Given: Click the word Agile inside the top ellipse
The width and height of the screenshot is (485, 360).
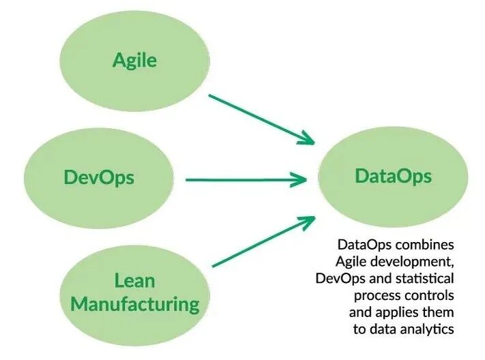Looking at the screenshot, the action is (134, 60).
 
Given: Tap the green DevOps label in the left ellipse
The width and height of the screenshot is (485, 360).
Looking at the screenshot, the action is (99, 178).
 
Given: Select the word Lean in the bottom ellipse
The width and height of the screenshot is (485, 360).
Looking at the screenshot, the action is (134, 280).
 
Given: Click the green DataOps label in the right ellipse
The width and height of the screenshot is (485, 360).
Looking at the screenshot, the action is (393, 176).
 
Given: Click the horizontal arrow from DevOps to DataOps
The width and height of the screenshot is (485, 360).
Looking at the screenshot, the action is (246, 180).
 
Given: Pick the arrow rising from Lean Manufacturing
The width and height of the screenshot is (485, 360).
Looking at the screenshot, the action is (263, 241).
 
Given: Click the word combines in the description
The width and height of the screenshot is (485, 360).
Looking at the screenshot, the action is (422, 243).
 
